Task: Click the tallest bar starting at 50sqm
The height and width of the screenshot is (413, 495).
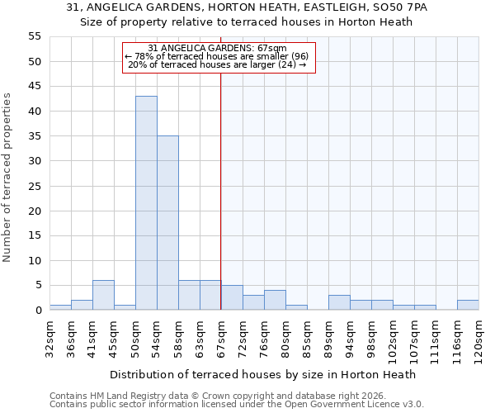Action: pos(146,203)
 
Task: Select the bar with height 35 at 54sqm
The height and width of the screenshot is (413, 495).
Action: pos(167,223)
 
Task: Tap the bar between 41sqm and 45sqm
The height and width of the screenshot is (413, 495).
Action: pos(103,295)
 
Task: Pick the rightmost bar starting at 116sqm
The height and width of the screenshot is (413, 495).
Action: pos(468,305)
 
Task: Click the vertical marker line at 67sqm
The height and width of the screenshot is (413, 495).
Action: pos(221,190)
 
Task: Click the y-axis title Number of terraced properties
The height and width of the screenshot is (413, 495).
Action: pos(7,178)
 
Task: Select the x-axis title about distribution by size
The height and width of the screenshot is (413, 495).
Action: pos(263,374)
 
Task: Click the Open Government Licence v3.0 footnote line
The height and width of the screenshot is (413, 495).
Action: pos(236,404)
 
